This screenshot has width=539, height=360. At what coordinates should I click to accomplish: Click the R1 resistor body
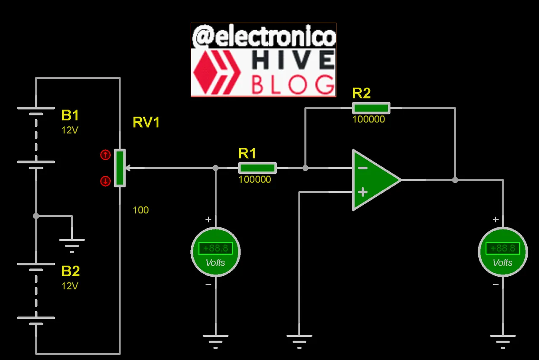tap(257, 168)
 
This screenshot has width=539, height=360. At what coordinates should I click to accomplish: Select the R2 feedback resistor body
tap(371, 108)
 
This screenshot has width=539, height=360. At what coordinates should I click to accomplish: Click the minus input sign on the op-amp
tap(363, 168)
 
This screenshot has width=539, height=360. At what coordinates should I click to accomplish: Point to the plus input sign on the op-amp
tap(363, 192)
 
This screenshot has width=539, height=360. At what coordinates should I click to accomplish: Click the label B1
tap(70, 115)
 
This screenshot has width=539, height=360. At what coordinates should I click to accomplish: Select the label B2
tap(70, 271)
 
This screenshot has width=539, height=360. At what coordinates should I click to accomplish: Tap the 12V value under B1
tap(70, 130)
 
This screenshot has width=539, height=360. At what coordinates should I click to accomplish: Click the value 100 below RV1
tap(141, 210)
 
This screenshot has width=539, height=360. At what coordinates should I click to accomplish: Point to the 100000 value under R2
tap(368, 120)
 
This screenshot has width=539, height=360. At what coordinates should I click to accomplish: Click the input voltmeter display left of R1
tap(216, 248)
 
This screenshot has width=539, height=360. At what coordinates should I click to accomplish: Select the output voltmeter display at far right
tap(502, 248)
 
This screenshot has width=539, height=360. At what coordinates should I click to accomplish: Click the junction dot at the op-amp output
tap(455, 180)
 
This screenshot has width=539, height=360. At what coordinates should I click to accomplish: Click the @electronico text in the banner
tap(264, 37)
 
